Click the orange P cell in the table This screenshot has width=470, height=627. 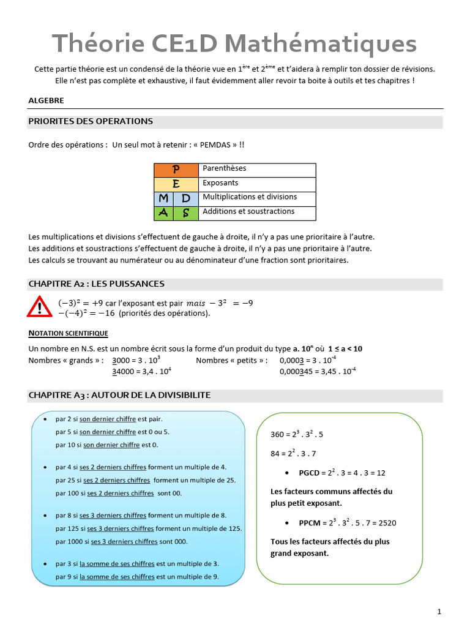(176, 170)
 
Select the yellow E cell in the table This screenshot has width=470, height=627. (176, 184)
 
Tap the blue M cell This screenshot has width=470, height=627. (163, 198)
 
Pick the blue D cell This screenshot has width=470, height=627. (186, 198)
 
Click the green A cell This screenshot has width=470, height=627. (163, 212)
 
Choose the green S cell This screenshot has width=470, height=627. (186, 212)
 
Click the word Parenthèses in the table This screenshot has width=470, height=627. (224, 168)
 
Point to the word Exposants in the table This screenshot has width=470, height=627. (220, 183)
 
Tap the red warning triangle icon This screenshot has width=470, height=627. (40, 306)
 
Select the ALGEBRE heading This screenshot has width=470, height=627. (46, 100)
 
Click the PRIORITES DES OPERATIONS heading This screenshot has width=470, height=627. (91, 121)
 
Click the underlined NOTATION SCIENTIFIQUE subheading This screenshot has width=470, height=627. (69, 334)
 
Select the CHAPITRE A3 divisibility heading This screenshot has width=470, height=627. (119, 396)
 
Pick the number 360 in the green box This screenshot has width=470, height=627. (277, 435)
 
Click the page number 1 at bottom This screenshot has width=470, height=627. (439, 611)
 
